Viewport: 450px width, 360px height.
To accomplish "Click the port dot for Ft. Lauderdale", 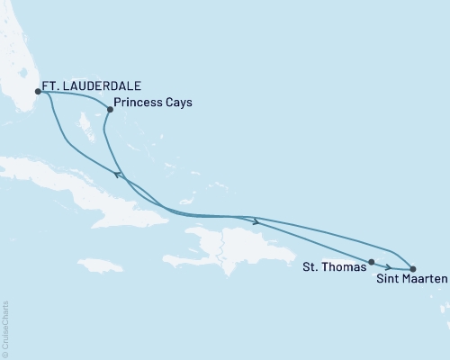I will pos(38,91).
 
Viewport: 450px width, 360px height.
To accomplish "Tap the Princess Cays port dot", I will pos(110,110).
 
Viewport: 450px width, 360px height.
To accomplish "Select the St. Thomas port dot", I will pos(371,261).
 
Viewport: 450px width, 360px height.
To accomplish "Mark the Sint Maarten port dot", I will pos(412,268).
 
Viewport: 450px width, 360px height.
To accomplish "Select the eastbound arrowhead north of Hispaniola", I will pos(257,221).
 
